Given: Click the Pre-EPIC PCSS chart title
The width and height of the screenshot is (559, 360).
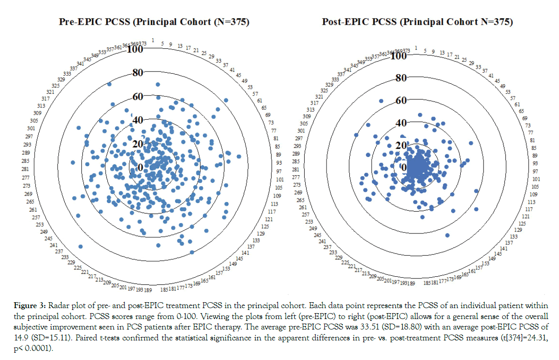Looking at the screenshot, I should (154, 22).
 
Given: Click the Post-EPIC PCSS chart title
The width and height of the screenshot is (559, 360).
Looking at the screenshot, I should (417, 22).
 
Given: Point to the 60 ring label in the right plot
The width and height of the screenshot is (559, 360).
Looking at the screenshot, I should (400, 100).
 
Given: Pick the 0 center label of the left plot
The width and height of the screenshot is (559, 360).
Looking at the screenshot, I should (140, 168).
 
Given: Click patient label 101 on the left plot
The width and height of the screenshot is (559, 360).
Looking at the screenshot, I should (280, 179).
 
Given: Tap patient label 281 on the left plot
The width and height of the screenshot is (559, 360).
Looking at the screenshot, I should (25, 169).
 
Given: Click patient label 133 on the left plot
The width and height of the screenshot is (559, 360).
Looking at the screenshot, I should (257, 240).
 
